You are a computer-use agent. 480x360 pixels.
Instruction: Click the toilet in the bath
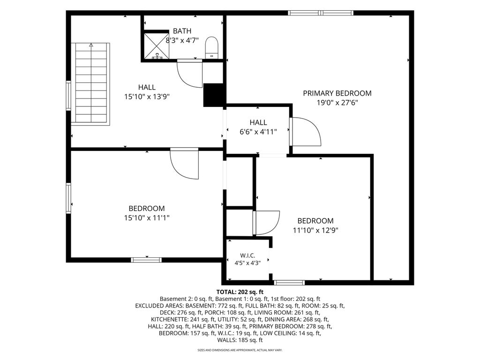click(x=211, y=47)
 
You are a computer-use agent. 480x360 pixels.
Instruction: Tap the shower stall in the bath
click(x=157, y=45)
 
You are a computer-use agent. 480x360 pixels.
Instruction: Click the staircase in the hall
click(x=90, y=83)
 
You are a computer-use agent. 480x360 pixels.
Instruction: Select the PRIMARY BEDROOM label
click(x=337, y=93)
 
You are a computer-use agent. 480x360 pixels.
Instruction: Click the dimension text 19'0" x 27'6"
click(x=337, y=103)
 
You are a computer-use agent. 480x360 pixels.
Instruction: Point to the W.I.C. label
click(x=247, y=255)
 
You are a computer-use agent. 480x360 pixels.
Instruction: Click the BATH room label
click(x=182, y=31)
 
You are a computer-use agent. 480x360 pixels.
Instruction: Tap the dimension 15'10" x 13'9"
click(x=147, y=97)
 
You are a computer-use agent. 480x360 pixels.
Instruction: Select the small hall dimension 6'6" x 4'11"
click(x=258, y=132)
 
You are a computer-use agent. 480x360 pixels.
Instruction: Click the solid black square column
click(x=215, y=95)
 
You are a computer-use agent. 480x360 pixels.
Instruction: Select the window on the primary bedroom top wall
click(x=321, y=13)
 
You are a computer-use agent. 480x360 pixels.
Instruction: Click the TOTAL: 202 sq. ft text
click(x=240, y=292)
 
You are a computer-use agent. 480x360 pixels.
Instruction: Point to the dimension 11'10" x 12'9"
click(x=315, y=230)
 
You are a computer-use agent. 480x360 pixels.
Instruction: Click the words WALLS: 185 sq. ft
click(x=240, y=340)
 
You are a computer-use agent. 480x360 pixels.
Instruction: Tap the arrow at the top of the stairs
click(x=90, y=45)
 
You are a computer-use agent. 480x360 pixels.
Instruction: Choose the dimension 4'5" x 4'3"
click(x=247, y=262)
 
